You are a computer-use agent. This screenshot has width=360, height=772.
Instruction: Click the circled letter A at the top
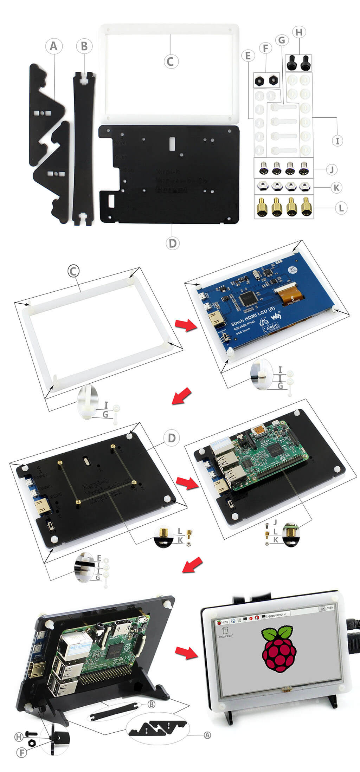click(x=53, y=46)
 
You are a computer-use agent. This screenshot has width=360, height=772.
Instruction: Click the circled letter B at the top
click(x=84, y=46)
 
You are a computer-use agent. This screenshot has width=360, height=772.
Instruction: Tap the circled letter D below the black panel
click(x=172, y=243)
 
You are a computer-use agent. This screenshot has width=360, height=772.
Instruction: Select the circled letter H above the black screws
click(x=299, y=32)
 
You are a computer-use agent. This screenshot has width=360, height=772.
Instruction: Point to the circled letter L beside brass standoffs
click(x=340, y=208)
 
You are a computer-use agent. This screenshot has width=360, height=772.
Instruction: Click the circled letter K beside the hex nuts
click(x=336, y=188)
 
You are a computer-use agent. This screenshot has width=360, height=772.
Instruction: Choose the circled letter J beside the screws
click(x=331, y=170)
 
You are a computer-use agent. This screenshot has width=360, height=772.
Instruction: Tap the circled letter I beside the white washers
click(x=337, y=141)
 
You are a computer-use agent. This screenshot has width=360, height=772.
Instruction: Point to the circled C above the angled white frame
click(x=73, y=271)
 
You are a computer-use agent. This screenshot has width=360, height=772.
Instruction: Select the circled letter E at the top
click(x=248, y=56)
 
